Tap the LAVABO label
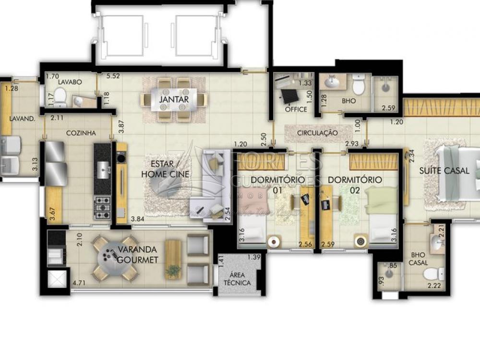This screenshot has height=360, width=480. click(x=70, y=82)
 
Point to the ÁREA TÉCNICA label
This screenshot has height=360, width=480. click(x=237, y=278)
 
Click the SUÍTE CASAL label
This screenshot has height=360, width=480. click(x=444, y=170)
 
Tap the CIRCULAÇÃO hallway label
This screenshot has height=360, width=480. click(x=317, y=133)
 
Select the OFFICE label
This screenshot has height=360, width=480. click(x=296, y=109)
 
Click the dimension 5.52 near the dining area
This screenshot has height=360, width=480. click(x=113, y=76)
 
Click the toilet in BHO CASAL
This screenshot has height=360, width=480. click(x=433, y=274)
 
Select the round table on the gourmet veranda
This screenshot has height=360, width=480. click(x=115, y=259)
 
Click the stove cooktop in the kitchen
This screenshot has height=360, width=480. click(x=102, y=207)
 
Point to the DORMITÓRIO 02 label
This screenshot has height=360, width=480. click(x=355, y=185)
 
